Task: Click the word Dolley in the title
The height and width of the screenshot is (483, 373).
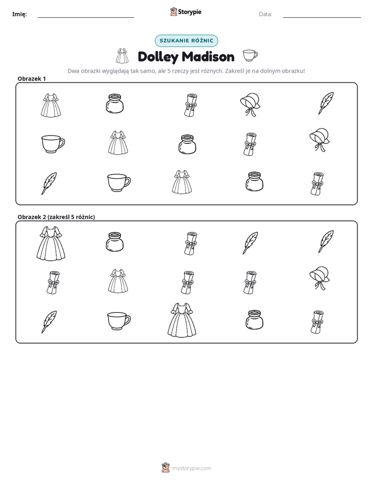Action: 158,57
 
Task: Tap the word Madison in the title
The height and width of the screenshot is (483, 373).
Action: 208,56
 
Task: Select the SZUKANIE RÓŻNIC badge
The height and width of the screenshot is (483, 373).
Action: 186,41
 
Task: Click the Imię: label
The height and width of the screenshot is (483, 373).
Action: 19,14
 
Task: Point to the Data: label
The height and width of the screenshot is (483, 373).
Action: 265,14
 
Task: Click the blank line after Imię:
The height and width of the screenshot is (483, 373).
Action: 86,18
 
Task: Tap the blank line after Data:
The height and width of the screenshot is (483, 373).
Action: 322,18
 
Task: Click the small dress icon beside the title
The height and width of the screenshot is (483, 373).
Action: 122,56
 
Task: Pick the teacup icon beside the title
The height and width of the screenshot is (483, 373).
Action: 250,56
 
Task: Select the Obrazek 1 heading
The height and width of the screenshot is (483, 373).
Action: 32,78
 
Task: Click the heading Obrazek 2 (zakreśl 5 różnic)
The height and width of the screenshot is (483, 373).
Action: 56,217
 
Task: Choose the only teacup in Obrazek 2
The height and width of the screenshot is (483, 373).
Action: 119,321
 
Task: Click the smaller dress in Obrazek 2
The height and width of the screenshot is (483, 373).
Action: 118,281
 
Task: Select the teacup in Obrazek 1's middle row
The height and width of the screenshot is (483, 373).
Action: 53,144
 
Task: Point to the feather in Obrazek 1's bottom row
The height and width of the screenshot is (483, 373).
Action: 49,183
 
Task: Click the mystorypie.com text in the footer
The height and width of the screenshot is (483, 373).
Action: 191,468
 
